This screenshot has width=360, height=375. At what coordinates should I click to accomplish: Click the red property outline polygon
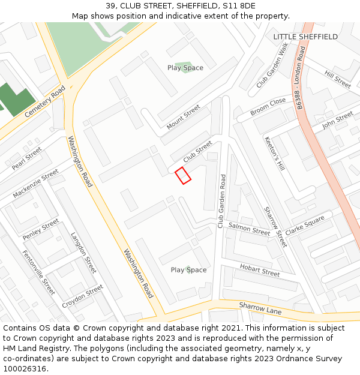pos(183,175)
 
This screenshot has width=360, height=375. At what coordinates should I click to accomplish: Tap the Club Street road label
pos(197,152)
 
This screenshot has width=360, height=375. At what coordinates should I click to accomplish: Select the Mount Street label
pos(183,117)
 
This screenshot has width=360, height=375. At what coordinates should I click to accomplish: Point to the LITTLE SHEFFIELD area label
pos(305,37)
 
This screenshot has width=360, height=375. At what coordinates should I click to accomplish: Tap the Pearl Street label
pos(26,158)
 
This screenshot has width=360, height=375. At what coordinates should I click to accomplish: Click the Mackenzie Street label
pos(35,184)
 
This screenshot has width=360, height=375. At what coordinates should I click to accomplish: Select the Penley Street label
pos(41,230)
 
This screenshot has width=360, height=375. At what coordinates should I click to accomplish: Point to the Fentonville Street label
pos(38,272)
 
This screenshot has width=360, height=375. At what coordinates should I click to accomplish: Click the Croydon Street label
pos(83,296)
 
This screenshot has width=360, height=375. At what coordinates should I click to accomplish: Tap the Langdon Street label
pos(83,253)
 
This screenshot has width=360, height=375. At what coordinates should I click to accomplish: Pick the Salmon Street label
pos(249,230)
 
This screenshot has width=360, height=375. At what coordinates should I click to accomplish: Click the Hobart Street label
pos(260,270)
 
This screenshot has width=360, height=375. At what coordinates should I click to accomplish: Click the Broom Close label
pos(268,106)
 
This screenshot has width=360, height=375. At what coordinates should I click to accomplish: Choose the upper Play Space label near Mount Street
pos(185,68)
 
